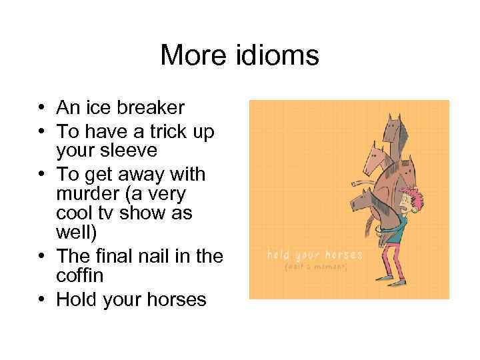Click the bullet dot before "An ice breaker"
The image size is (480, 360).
[x=41, y=107]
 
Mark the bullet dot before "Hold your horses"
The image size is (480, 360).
[x=41, y=299]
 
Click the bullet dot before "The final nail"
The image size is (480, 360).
[x=41, y=257]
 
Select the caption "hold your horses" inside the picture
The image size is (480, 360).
[x=315, y=255]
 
